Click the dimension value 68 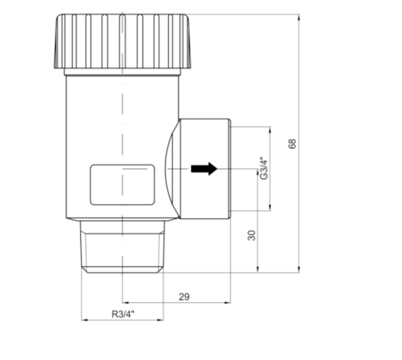[292, 144]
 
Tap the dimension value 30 [251, 235]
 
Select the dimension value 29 [184, 297]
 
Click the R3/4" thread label [123, 314]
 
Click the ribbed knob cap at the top [122, 41]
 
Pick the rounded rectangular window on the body [122, 185]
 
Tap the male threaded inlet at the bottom [122, 247]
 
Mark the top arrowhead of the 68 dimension [299, 17]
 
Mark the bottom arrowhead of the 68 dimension [299, 270]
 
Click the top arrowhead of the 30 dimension [258, 172]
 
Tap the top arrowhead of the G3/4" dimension [270, 129]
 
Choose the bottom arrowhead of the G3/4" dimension [270, 208]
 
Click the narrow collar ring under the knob [122, 72]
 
